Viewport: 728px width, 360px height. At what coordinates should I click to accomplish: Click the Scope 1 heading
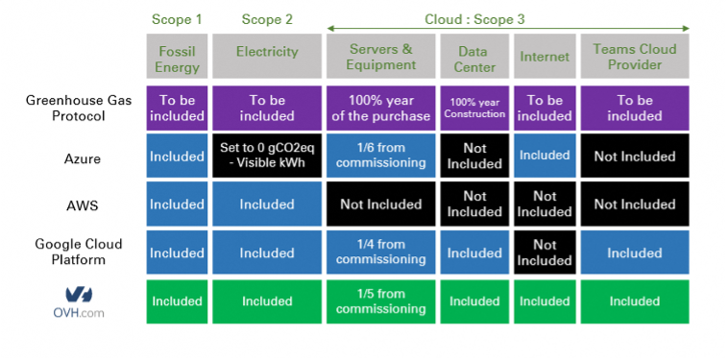pyautogui.click(x=177, y=19)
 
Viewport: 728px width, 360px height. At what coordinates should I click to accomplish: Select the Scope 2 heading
pyautogui.click(x=267, y=19)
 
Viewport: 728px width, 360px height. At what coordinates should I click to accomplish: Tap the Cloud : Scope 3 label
pyautogui.click(x=474, y=19)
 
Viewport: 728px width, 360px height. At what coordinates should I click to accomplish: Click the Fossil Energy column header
pyautogui.click(x=177, y=56)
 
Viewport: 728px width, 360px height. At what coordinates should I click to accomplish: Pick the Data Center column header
pyautogui.click(x=474, y=56)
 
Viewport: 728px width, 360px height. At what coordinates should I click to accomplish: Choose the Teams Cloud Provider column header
pyautogui.click(x=635, y=56)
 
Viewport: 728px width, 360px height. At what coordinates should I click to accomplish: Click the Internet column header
pyautogui.click(x=545, y=56)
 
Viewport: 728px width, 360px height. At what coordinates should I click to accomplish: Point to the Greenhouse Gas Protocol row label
pyautogui.click(x=79, y=108)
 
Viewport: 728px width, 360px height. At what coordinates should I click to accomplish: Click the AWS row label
pyautogui.click(x=83, y=205)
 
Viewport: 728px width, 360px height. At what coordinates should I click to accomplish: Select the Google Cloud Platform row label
pyautogui.click(x=79, y=252)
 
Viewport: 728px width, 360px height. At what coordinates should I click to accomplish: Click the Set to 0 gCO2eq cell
pyautogui.click(x=267, y=156)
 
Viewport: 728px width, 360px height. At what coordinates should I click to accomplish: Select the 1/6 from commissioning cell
pyautogui.click(x=380, y=156)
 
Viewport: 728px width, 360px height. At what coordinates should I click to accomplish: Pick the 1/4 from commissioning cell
pyautogui.click(x=380, y=252)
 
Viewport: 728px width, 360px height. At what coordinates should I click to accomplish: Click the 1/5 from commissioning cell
pyautogui.click(x=380, y=301)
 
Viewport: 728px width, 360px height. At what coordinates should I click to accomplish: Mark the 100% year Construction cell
pyautogui.click(x=474, y=108)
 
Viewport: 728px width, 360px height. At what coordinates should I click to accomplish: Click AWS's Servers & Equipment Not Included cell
pyautogui.click(x=380, y=204)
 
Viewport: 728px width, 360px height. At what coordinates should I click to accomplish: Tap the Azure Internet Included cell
pyautogui.click(x=545, y=156)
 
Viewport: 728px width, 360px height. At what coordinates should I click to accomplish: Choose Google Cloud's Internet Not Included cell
pyautogui.click(x=545, y=252)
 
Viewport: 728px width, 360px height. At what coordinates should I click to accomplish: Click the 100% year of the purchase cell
pyautogui.click(x=380, y=108)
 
